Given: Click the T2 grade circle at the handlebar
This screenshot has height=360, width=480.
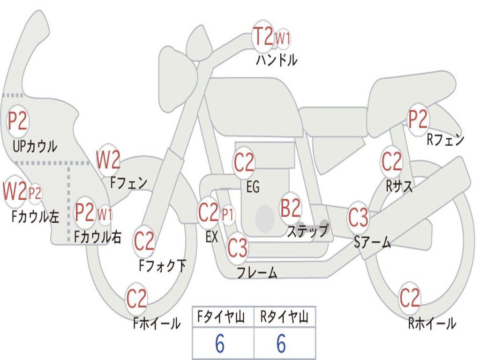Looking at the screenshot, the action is [x=263, y=36].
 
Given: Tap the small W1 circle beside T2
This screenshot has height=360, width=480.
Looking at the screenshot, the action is [x=283, y=38].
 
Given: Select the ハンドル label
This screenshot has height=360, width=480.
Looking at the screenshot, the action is [x=277, y=60].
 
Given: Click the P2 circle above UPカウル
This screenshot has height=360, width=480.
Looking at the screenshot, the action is [x=18, y=121].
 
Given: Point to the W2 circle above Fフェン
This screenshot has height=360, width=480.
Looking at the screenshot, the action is [x=108, y=160].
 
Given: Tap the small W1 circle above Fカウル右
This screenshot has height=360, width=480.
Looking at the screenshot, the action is [x=105, y=215].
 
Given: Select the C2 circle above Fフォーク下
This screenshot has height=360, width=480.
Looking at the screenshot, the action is [x=144, y=241].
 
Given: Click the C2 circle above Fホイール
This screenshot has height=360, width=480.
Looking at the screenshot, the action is [x=137, y=299].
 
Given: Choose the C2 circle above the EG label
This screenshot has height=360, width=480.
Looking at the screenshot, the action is [x=244, y=163].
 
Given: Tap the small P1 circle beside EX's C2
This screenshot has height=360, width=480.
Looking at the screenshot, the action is [x=228, y=215].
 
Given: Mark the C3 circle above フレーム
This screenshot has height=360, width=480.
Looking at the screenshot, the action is [x=238, y=248].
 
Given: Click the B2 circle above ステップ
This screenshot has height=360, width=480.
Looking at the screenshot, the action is [x=291, y=208].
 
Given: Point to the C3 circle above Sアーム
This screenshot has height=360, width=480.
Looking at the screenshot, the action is [x=359, y=217].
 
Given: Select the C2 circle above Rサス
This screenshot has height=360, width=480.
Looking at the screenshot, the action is [x=391, y=162].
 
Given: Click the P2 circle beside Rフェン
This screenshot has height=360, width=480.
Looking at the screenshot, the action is [x=418, y=120].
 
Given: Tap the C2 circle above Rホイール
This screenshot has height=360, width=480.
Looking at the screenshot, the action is [x=410, y=298].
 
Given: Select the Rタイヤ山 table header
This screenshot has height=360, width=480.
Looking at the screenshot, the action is [x=285, y=317].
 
